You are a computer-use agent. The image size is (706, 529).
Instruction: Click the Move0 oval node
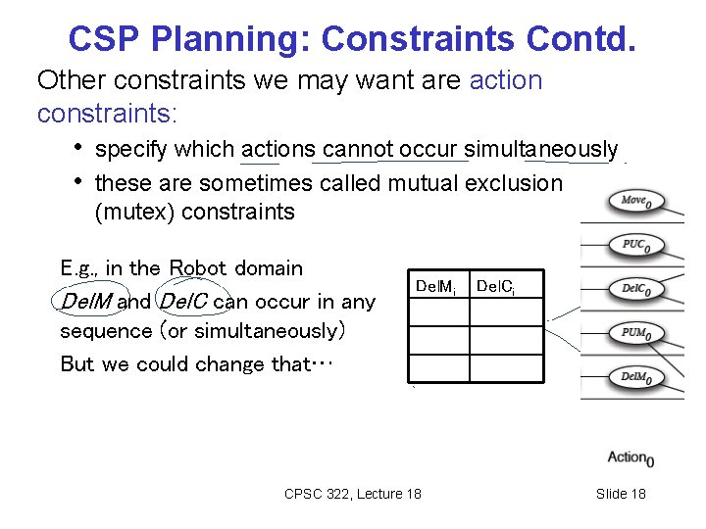click(x=636, y=202)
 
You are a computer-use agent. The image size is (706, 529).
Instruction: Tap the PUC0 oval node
click(x=636, y=245)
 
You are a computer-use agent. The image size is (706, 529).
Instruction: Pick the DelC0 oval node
click(x=636, y=289)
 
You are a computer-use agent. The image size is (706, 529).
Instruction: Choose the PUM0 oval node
click(x=636, y=333)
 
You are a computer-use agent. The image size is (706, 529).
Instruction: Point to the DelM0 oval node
click(x=636, y=377)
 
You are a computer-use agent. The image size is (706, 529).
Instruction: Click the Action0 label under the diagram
click(x=630, y=457)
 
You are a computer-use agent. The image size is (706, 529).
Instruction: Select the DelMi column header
click(x=435, y=287)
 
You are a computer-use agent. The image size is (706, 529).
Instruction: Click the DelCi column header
click(x=496, y=287)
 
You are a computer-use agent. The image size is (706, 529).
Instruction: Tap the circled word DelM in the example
click(x=86, y=301)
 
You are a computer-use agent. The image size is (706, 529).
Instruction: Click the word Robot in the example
click(x=199, y=267)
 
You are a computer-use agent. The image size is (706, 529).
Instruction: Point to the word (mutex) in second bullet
click(x=134, y=211)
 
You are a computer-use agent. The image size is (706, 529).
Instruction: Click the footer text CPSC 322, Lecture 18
click(x=352, y=494)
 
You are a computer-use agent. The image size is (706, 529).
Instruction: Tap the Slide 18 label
click(x=621, y=494)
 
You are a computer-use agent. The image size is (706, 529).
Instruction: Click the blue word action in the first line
click(x=505, y=79)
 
